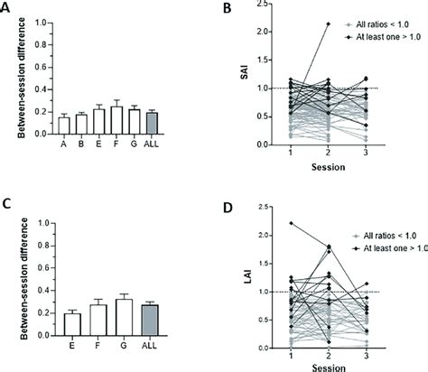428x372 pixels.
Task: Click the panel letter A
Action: point(7,10)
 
